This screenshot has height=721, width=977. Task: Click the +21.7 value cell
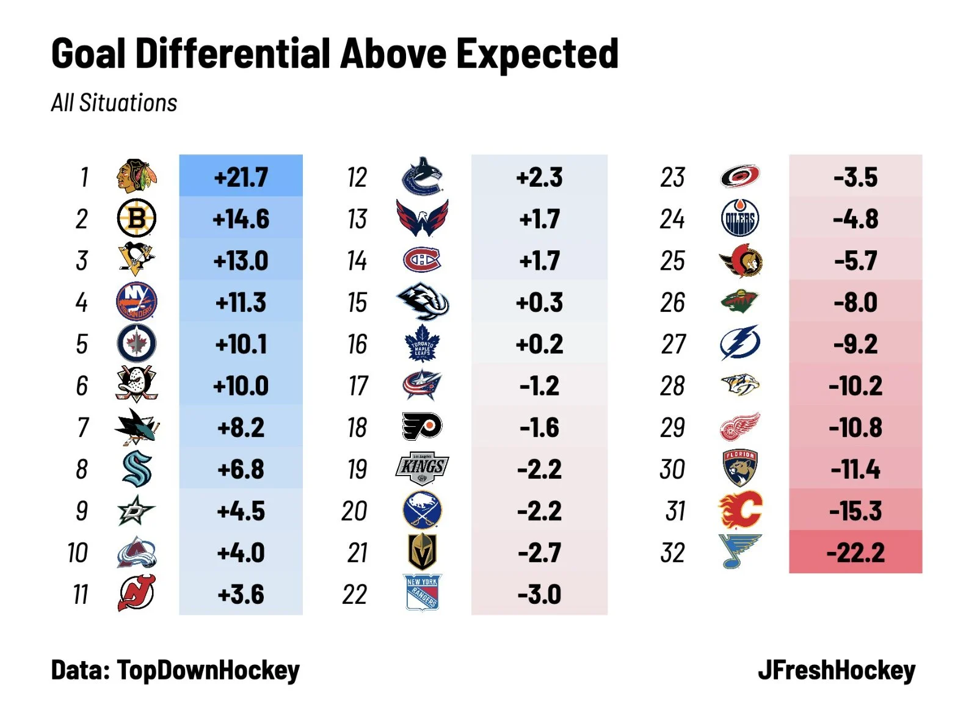click(x=241, y=178)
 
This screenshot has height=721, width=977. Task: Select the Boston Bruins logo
click(x=136, y=219)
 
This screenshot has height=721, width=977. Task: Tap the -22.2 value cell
click(x=855, y=553)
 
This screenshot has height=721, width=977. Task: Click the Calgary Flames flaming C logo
click(x=740, y=510)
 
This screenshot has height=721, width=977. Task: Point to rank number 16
click(x=357, y=344)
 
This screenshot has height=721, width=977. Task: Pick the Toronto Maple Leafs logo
click(x=422, y=344)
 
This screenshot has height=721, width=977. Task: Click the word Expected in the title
click(x=537, y=54)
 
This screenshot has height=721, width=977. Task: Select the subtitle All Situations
click(x=114, y=103)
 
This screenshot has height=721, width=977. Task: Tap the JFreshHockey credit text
click(x=837, y=670)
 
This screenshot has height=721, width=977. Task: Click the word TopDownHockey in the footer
click(x=208, y=670)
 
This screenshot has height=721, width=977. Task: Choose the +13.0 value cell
click(x=241, y=261)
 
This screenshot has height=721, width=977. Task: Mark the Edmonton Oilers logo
click(x=740, y=219)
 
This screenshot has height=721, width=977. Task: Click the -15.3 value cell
click(x=855, y=511)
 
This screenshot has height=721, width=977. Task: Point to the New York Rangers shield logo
click(x=422, y=593)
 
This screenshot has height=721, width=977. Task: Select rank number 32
click(x=672, y=553)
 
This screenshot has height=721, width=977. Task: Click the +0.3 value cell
click(x=539, y=303)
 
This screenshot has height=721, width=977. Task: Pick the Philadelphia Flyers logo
click(x=422, y=427)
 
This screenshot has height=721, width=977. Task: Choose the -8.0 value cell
click(x=855, y=303)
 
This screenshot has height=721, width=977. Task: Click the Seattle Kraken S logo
click(x=137, y=469)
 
